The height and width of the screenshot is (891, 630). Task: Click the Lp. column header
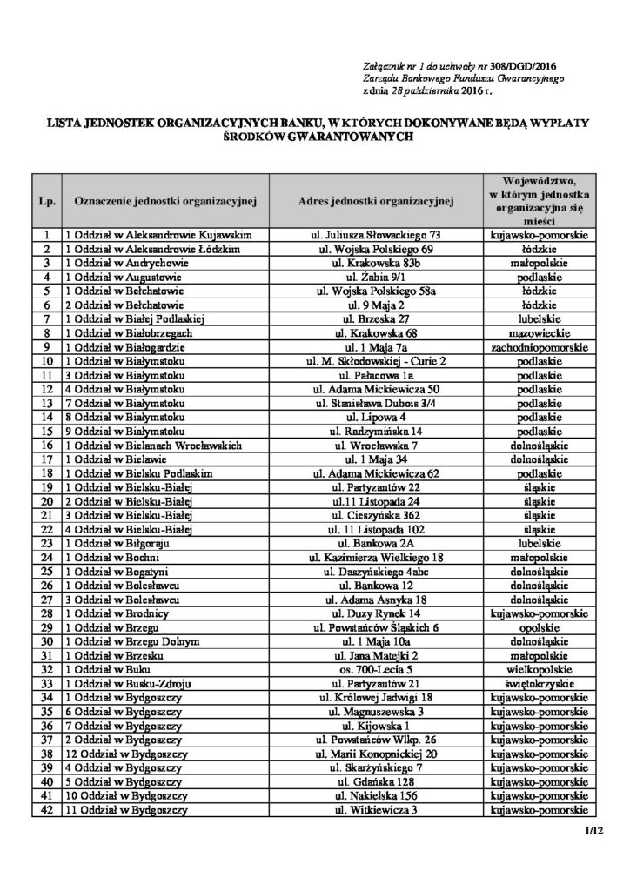point(46,202)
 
